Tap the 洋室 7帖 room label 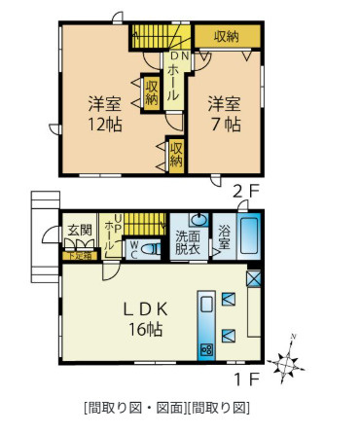click(x=223, y=113)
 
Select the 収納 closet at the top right click(x=226, y=36)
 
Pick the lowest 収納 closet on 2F click(x=175, y=156)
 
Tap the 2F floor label click(x=242, y=190)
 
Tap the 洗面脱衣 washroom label click(x=188, y=241)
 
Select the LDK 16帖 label click(x=147, y=318)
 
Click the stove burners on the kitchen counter click(x=206, y=349)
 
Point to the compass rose click(x=288, y=361)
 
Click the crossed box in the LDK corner click(x=253, y=276)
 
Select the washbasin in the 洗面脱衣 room click(x=198, y=220)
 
